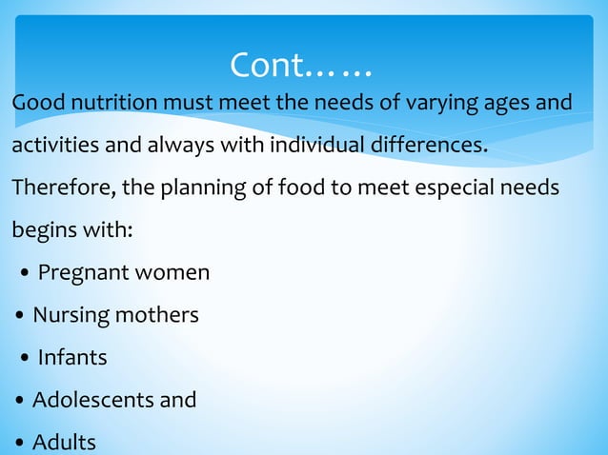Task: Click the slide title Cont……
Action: pos(301,66)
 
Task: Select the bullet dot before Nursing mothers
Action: pos(20,317)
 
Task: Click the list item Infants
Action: pos(72,358)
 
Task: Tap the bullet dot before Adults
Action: pos(20,444)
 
